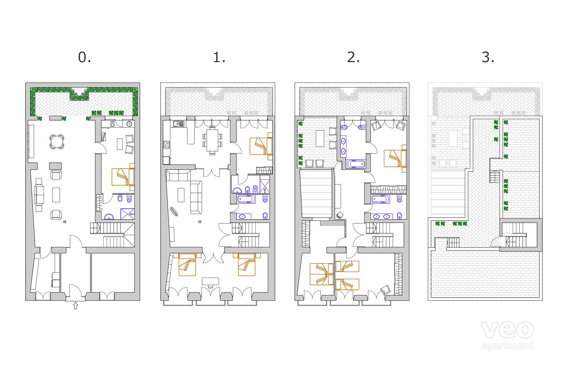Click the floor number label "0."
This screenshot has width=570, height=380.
point(84,57)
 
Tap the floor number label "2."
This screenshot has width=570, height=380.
point(354,57)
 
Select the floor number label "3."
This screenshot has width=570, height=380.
point(488,57)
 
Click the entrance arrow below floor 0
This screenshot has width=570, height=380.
point(75,305)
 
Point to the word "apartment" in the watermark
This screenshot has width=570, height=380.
point(507,346)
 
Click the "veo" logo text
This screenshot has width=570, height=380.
point(507,330)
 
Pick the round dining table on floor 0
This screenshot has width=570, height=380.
point(56,142)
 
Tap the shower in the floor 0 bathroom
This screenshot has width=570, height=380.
point(127,214)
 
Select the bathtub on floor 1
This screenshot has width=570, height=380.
point(246,199)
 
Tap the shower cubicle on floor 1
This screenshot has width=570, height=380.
point(265,184)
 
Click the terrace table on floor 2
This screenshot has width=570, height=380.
point(320,138)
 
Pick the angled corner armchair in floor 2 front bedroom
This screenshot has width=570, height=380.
point(386,290)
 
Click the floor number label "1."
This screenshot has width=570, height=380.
point(219,57)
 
